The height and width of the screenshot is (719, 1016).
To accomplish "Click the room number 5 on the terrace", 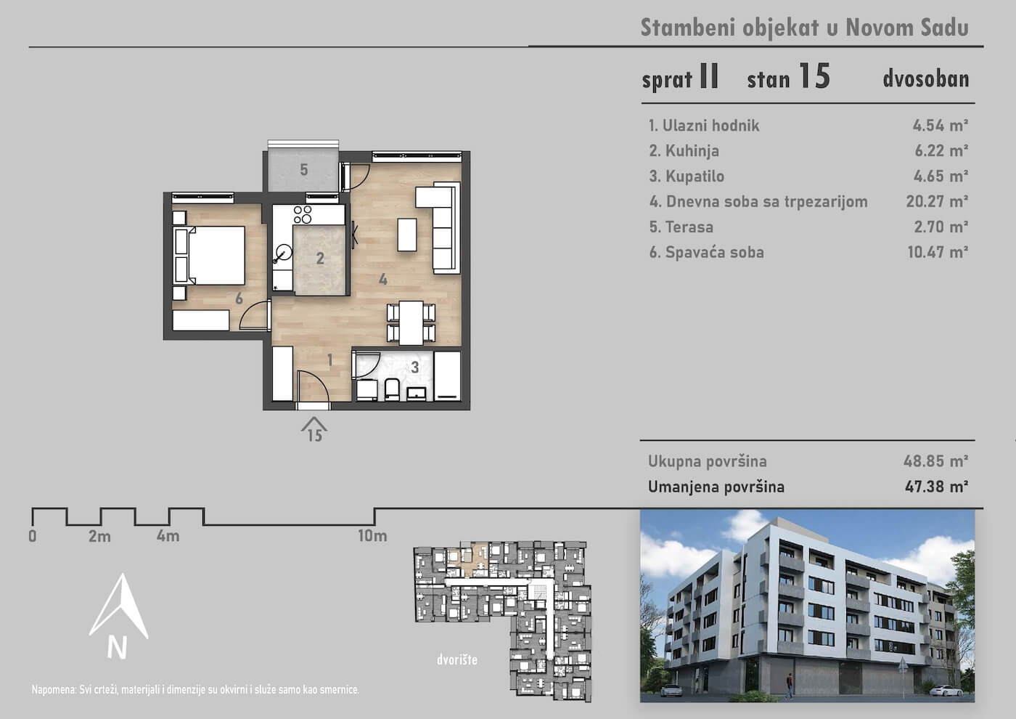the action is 304,170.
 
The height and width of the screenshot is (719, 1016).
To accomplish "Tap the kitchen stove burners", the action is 303,215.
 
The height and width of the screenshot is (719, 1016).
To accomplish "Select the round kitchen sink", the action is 284,252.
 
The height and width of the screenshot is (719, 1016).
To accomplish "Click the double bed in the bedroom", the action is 210,256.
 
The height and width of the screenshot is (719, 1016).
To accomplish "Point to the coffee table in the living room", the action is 407,235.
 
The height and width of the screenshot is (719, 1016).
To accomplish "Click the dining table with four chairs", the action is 411,322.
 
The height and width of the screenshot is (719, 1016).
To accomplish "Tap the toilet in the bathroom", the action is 391,390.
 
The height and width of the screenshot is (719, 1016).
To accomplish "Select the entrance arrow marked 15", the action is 314,429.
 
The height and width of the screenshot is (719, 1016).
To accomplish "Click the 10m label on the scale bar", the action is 372,536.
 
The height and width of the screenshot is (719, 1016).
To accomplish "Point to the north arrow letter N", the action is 117,647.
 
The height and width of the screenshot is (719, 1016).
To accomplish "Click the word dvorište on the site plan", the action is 457,659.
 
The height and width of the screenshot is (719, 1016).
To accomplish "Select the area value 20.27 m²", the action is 937,201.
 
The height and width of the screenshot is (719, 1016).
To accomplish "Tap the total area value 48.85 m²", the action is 935,461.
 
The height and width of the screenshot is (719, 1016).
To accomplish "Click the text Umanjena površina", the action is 716,487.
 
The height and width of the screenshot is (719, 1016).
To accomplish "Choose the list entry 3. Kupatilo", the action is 687,176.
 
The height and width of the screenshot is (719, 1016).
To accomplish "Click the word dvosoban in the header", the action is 926,79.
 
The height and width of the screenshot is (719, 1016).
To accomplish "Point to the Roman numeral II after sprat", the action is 710,76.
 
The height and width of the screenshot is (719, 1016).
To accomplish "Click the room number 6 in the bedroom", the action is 239,298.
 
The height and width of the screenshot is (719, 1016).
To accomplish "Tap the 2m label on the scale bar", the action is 100,537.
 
